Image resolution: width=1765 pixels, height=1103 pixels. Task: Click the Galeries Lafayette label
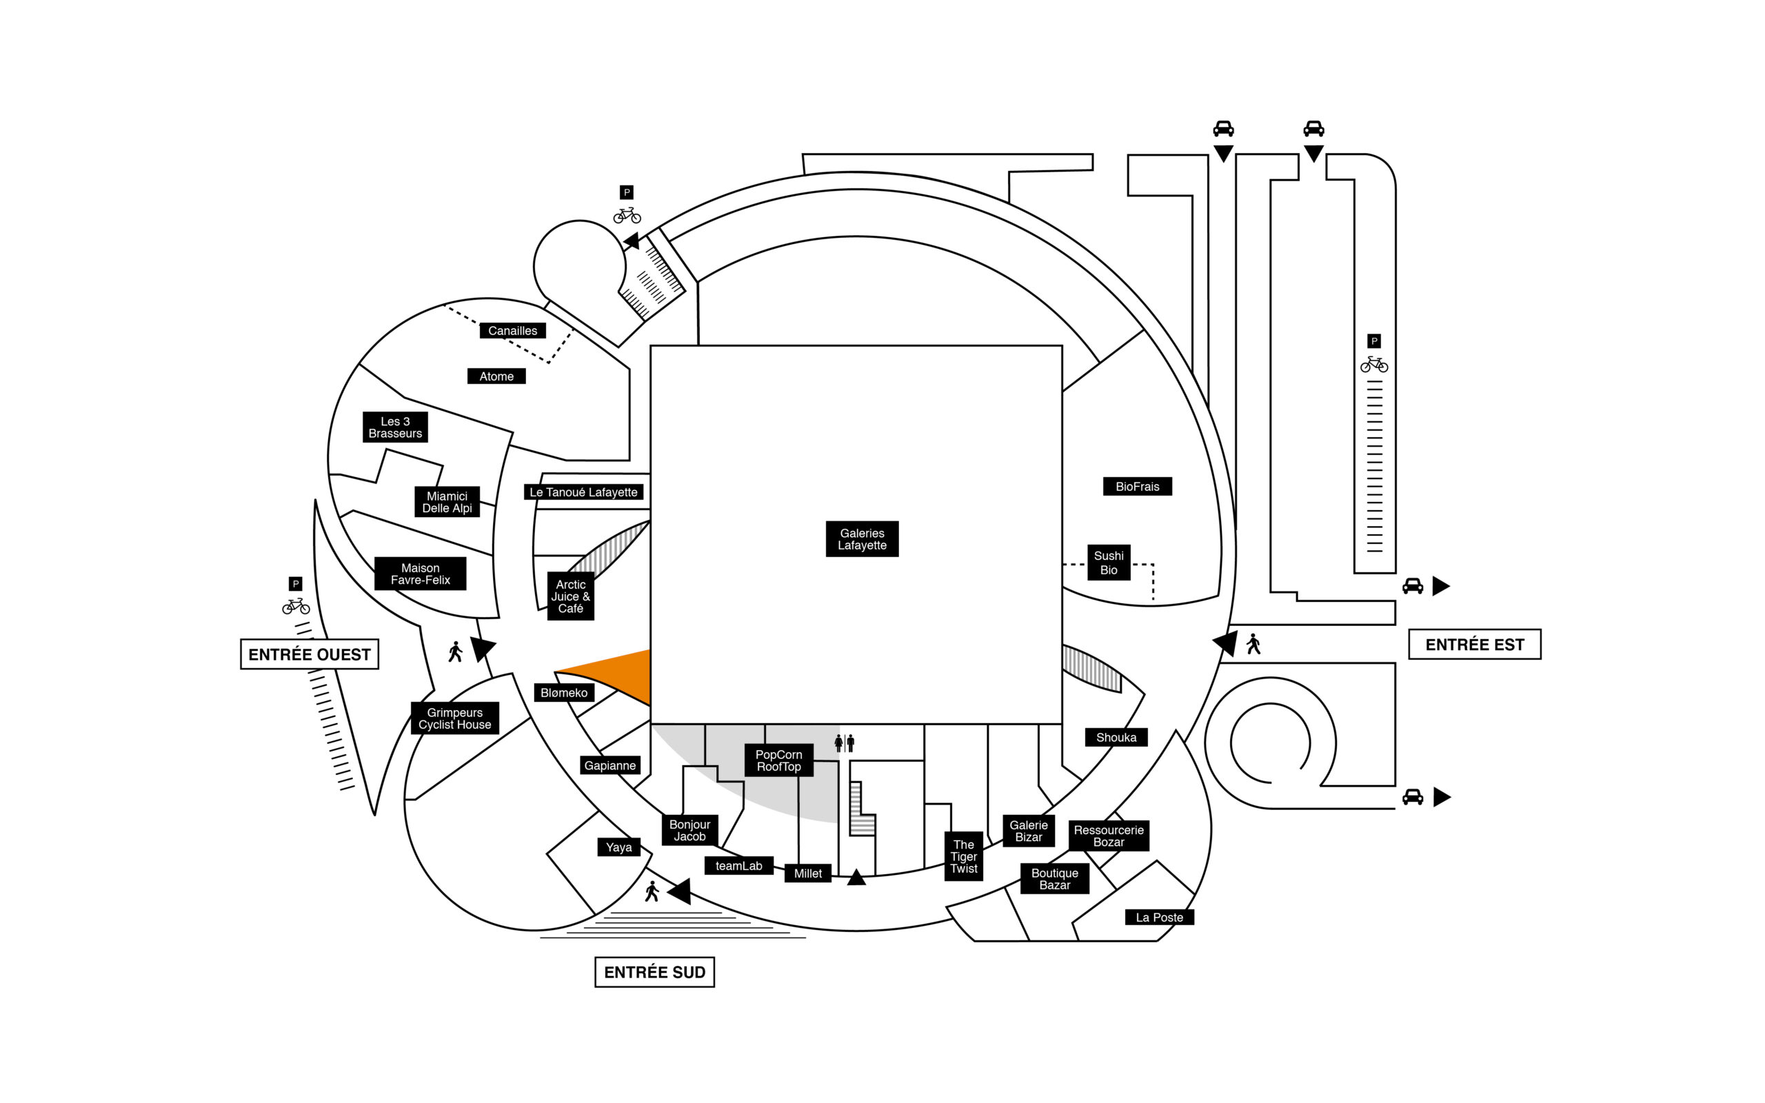click(x=861, y=539)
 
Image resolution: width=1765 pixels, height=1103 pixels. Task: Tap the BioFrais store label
click(x=1137, y=487)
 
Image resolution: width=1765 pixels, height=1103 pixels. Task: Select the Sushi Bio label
click(x=1109, y=563)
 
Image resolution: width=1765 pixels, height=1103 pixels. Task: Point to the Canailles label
click(x=512, y=330)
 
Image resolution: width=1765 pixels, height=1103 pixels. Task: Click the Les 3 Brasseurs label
click(x=395, y=427)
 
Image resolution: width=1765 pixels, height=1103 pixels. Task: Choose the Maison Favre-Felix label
click(x=420, y=574)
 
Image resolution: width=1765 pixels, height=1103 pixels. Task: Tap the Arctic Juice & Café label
click(x=570, y=596)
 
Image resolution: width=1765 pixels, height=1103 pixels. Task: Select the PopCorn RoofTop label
click(x=778, y=761)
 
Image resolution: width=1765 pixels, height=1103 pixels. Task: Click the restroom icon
click(x=845, y=743)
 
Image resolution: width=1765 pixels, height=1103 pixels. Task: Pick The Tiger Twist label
click(x=963, y=856)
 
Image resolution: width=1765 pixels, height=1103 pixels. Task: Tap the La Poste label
click(x=1159, y=917)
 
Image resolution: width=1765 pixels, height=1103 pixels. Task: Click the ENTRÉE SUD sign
click(x=654, y=973)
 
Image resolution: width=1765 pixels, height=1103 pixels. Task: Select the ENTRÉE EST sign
click(x=1474, y=645)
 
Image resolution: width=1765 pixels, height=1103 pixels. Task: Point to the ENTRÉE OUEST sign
click(x=310, y=654)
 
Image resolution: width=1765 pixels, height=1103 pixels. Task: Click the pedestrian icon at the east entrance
click(x=1253, y=644)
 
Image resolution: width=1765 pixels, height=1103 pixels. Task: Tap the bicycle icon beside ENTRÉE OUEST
click(x=295, y=605)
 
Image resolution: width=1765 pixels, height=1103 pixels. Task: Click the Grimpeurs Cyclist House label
click(x=454, y=718)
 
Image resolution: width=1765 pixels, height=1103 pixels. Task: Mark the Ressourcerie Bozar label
click(x=1109, y=836)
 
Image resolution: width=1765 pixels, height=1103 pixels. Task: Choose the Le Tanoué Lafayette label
click(x=583, y=492)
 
